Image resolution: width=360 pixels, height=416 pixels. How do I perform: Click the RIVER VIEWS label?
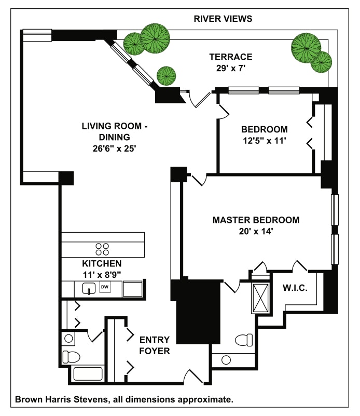pos(223,19)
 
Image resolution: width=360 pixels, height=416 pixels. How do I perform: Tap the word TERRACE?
pos(231,57)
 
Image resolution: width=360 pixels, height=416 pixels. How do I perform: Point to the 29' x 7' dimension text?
pos(231,69)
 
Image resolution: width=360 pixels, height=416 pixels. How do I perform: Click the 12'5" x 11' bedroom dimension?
pos(264,140)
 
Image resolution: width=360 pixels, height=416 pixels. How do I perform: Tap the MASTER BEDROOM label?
pos(256,220)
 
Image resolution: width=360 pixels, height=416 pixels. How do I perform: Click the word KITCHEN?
pos(102,263)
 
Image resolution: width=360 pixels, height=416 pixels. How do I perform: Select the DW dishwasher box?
pos(105,287)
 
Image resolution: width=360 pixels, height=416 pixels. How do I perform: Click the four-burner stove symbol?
pos(102,248)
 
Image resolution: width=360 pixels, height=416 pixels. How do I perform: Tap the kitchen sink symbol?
pos(89,288)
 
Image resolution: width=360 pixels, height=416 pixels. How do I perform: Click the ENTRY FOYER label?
pos(154,345)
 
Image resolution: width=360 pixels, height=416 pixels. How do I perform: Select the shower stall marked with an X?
pos(260,298)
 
